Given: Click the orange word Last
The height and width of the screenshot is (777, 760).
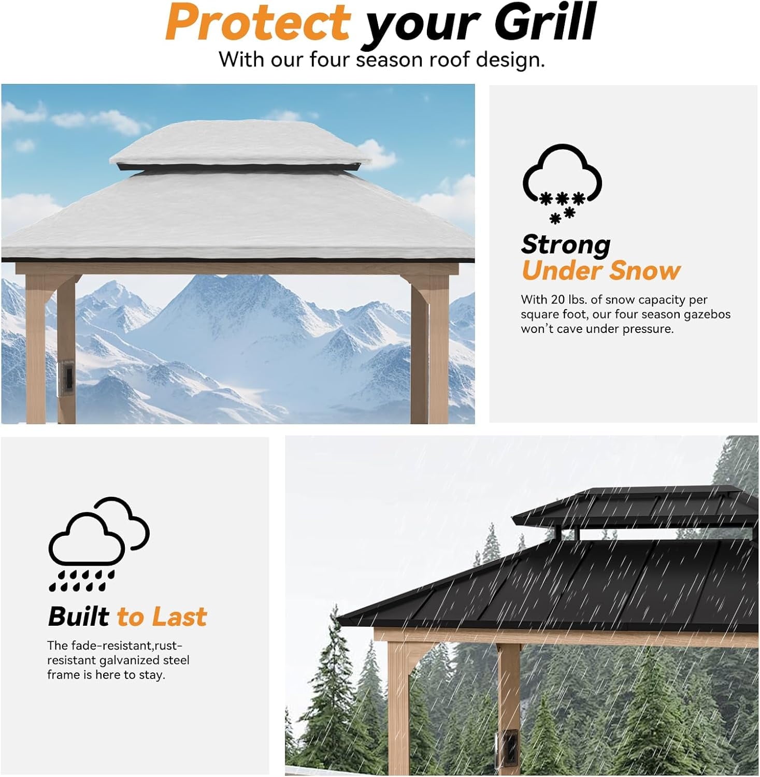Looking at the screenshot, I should click(179, 617).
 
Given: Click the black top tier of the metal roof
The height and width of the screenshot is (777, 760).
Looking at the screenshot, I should click(632, 508).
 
